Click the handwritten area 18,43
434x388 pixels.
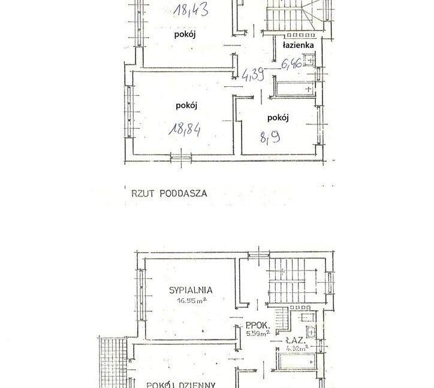coord(190,10)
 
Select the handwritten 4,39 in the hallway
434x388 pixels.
coord(254,74)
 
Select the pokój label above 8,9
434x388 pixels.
coord(278,117)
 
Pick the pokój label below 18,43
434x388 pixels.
coord(185,35)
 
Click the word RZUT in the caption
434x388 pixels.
coord(141,193)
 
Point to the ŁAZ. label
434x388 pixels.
coord(296,338)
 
